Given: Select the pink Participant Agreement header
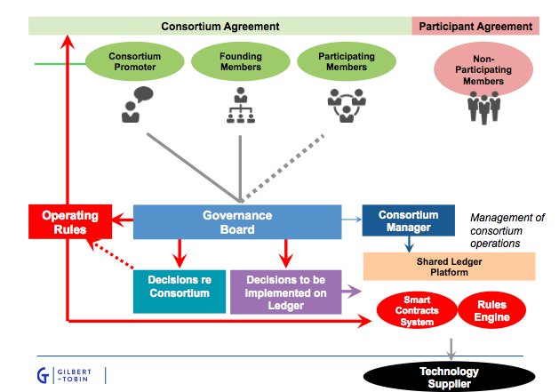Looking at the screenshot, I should [479, 26].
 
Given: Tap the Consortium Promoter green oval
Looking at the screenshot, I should [135, 62].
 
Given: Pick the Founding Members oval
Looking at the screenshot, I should [239, 62].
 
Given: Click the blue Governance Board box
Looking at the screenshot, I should [236, 222].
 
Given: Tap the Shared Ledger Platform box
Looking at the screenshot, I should [450, 266].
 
